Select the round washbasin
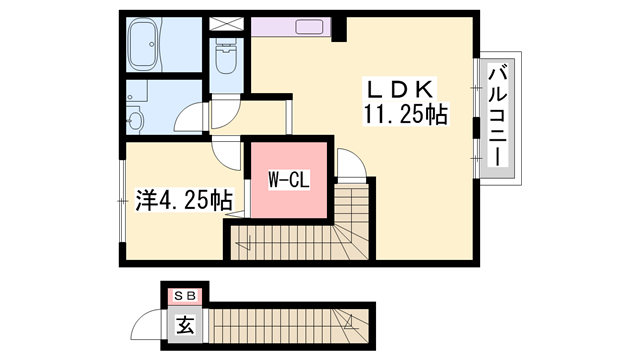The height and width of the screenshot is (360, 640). point(138,120)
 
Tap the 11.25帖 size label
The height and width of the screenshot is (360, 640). point(406,116)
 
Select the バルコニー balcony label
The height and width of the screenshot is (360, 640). point(496,114)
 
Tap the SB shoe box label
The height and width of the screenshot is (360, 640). point(185,295)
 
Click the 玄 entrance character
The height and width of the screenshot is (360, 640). point(186,324)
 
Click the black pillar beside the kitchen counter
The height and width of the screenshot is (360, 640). point(338,29)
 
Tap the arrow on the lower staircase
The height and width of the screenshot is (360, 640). point(349,322)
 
